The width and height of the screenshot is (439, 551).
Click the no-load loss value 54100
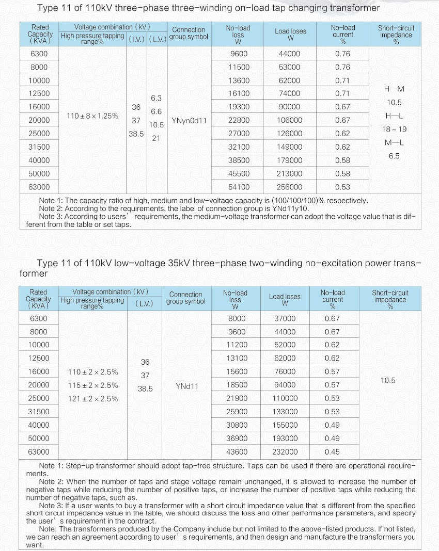(x=239, y=187)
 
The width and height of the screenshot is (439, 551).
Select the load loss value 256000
(x=290, y=187)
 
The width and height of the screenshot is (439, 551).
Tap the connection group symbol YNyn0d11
(x=189, y=120)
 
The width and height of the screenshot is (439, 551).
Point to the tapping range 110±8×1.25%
(x=92, y=116)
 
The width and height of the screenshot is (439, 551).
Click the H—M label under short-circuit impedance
(x=394, y=89)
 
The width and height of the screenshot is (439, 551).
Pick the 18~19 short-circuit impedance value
(x=394, y=129)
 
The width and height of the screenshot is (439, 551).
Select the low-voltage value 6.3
(x=156, y=98)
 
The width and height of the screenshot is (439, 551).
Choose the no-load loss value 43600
(x=237, y=452)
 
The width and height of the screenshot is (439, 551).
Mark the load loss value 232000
(x=285, y=452)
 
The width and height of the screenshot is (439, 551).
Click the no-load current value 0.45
(x=332, y=452)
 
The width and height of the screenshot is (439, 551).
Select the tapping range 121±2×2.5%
(x=93, y=398)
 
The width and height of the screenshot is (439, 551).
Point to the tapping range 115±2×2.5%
(x=93, y=385)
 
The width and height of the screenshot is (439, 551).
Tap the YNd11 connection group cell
(x=186, y=385)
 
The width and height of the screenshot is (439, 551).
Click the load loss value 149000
(x=290, y=147)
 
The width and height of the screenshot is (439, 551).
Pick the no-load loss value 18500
(x=237, y=385)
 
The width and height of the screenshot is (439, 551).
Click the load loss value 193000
(x=285, y=439)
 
